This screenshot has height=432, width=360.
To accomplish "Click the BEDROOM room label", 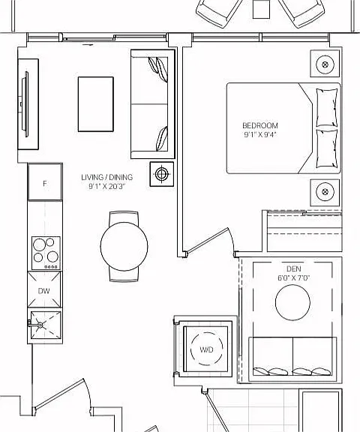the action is (260, 126).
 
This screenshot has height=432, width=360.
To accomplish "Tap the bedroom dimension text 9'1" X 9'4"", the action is (260, 135).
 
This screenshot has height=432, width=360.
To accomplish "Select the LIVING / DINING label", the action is (106, 177).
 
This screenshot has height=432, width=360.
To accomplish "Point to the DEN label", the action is (293, 268).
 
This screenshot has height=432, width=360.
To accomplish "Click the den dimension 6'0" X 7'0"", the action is (293, 277).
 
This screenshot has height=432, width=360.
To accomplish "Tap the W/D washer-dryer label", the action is (206, 349).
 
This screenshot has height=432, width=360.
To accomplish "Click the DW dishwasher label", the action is (43, 291).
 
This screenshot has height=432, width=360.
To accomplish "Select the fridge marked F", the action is (44, 182).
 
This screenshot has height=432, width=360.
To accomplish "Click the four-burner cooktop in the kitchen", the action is (46, 253).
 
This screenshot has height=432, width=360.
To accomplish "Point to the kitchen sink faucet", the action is (35, 325).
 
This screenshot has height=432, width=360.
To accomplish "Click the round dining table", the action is (124, 246).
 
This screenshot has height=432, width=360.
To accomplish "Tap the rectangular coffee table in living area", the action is (95, 104).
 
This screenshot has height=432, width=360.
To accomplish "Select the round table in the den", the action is (292, 302).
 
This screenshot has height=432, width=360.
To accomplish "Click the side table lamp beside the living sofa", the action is (162, 174).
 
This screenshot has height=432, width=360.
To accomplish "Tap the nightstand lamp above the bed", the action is (325, 64).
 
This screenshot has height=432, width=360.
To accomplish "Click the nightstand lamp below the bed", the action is (325, 192).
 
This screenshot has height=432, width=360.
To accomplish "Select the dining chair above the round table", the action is (124, 217).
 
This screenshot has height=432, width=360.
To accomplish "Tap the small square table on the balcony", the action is (261, 9).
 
